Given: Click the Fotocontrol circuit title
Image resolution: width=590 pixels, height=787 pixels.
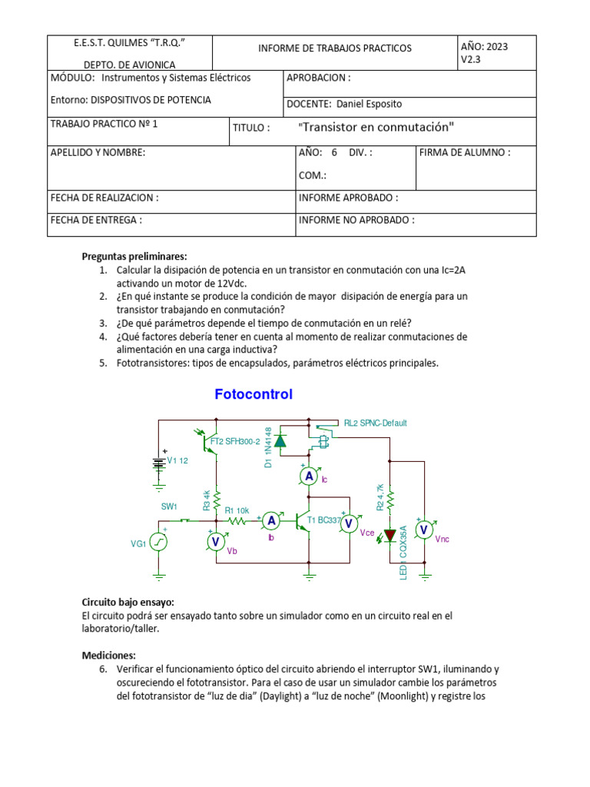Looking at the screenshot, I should [254, 395].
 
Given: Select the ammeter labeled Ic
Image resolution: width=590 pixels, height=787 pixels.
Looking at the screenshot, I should [309, 477].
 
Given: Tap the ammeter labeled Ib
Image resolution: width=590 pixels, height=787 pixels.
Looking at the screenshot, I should [270, 521].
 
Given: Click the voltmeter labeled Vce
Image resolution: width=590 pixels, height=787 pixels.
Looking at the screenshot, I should [349, 523].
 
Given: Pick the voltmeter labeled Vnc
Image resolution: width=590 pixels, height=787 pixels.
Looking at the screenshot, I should [423, 530].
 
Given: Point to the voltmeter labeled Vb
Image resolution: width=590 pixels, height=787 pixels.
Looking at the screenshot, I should [216, 542].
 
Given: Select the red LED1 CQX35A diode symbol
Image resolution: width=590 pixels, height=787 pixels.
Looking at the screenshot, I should [391, 533].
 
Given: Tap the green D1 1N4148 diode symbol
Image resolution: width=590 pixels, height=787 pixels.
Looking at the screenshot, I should [280, 441].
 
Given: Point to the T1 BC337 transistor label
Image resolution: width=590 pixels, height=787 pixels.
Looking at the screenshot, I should [323, 520].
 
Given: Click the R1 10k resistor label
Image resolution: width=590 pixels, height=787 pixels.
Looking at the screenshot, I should [237, 510].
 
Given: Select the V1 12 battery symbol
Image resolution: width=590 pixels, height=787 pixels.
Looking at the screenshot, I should [159, 463].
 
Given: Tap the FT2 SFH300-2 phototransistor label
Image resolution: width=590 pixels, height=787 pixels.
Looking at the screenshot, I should [234, 441].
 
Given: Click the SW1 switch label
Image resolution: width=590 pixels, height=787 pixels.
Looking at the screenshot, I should [169, 506].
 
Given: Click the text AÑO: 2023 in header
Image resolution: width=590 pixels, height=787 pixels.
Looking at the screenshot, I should [485, 46].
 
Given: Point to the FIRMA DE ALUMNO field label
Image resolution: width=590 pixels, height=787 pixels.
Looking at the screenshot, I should [465, 152].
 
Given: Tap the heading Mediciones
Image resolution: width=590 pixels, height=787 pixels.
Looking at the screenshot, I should [108, 656].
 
